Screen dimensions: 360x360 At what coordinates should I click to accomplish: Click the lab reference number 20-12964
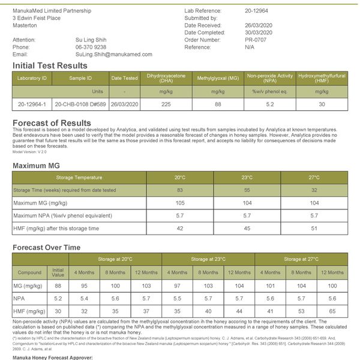(x=257, y=11)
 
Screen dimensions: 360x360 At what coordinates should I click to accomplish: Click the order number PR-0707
(x=256, y=40)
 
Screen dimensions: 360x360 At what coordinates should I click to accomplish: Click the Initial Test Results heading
(x=50, y=65)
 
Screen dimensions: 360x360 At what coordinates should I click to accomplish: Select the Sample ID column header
(x=80, y=79)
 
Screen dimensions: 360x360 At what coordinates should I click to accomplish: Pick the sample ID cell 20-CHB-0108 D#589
(x=80, y=104)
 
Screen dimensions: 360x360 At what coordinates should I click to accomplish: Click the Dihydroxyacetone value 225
(x=166, y=104)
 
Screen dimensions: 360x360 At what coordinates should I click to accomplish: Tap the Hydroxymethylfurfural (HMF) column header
(x=322, y=79)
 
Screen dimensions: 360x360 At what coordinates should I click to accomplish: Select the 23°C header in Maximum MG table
(x=247, y=177)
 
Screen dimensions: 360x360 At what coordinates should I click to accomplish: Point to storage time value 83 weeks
(x=179, y=190)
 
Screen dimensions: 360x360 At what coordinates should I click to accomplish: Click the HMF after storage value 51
(x=314, y=228)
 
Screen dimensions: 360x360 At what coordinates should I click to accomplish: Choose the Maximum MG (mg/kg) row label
(x=40, y=203)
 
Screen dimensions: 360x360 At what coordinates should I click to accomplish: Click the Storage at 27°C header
(x=301, y=259)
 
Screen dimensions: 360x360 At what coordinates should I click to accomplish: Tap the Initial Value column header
(x=58, y=272)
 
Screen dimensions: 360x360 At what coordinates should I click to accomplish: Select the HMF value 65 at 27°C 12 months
(x=332, y=311)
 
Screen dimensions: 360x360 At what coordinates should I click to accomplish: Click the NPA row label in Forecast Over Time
(x=19, y=298)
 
